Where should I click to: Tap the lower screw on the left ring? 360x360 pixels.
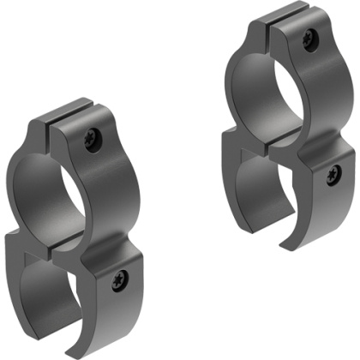coord(120,277)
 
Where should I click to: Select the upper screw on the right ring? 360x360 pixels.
coord(309,37)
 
